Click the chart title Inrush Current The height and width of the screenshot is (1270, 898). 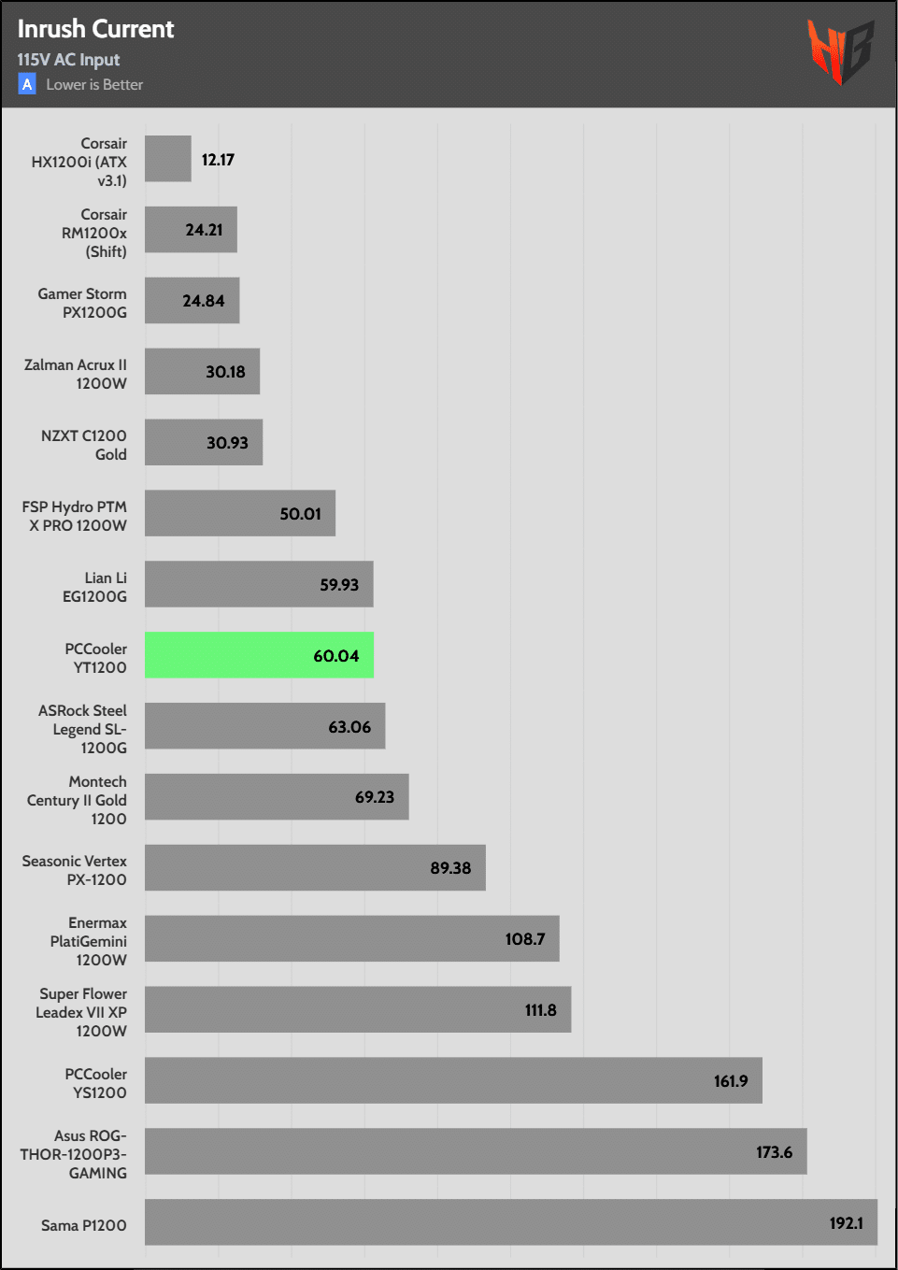pos(95,29)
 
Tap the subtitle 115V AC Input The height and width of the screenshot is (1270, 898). pos(68,60)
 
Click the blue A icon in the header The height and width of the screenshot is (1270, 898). pos(27,85)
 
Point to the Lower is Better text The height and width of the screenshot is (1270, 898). pos(94,85)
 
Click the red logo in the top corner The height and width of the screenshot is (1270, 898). pos(840,51)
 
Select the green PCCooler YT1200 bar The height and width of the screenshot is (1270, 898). pos(259,655)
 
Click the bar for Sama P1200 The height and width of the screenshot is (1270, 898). pos(510,1222)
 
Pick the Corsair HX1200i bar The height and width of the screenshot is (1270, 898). pos(168,159)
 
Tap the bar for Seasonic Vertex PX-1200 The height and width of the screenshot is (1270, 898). pos(315,868)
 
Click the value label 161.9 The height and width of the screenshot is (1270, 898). pos(731,1081)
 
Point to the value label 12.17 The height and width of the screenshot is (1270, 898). pos(218,160)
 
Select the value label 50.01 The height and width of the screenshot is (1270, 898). pos(300,514)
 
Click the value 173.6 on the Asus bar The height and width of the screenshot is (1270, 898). pos(774,1152)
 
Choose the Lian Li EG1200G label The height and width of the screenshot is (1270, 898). pos(94,587)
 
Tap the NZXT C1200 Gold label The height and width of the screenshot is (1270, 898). pos(84,445)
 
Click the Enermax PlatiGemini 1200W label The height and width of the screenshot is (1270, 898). pos(89,941)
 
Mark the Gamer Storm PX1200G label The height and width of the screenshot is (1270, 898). pos(82,303)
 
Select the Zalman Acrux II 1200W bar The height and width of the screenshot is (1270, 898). pos(202,372)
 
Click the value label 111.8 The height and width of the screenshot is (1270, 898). pos(540,1010)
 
